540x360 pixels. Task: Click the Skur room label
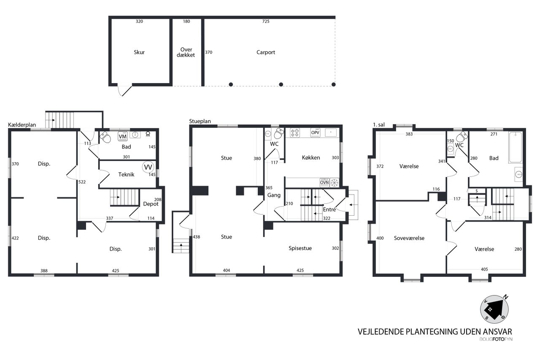point(139,52)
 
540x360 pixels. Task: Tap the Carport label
point(266,52)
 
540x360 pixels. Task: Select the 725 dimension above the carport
point(266,21)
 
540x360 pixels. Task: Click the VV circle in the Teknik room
point(148,167)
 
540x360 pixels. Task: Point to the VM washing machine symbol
point(122,136)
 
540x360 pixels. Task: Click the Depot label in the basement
point(151,204)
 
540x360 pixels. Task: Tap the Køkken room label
point(311,158)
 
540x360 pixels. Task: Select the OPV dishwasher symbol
point(315,133)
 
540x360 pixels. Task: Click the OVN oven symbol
point(324,182)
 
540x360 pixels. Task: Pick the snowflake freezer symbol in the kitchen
point(335,182)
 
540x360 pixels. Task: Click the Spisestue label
point(300,248)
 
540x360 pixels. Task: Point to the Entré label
point(329,209)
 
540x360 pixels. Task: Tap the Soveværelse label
point(409,238)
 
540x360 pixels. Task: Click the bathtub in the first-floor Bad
point(516,147)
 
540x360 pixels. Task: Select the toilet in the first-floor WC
point(462,136)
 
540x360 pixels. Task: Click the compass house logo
point(494,309)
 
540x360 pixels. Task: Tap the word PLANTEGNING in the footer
point(432,332)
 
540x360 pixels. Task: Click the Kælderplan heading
point(22,125)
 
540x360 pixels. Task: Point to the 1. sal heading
point(379,125)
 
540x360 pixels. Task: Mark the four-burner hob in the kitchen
point(294,133)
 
